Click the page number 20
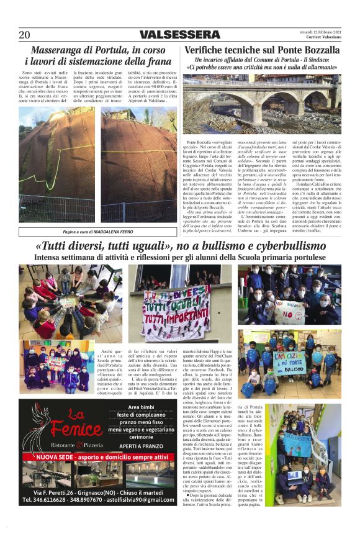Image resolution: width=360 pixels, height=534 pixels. [25, 34]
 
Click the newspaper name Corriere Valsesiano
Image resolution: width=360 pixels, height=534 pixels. [319, 37]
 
